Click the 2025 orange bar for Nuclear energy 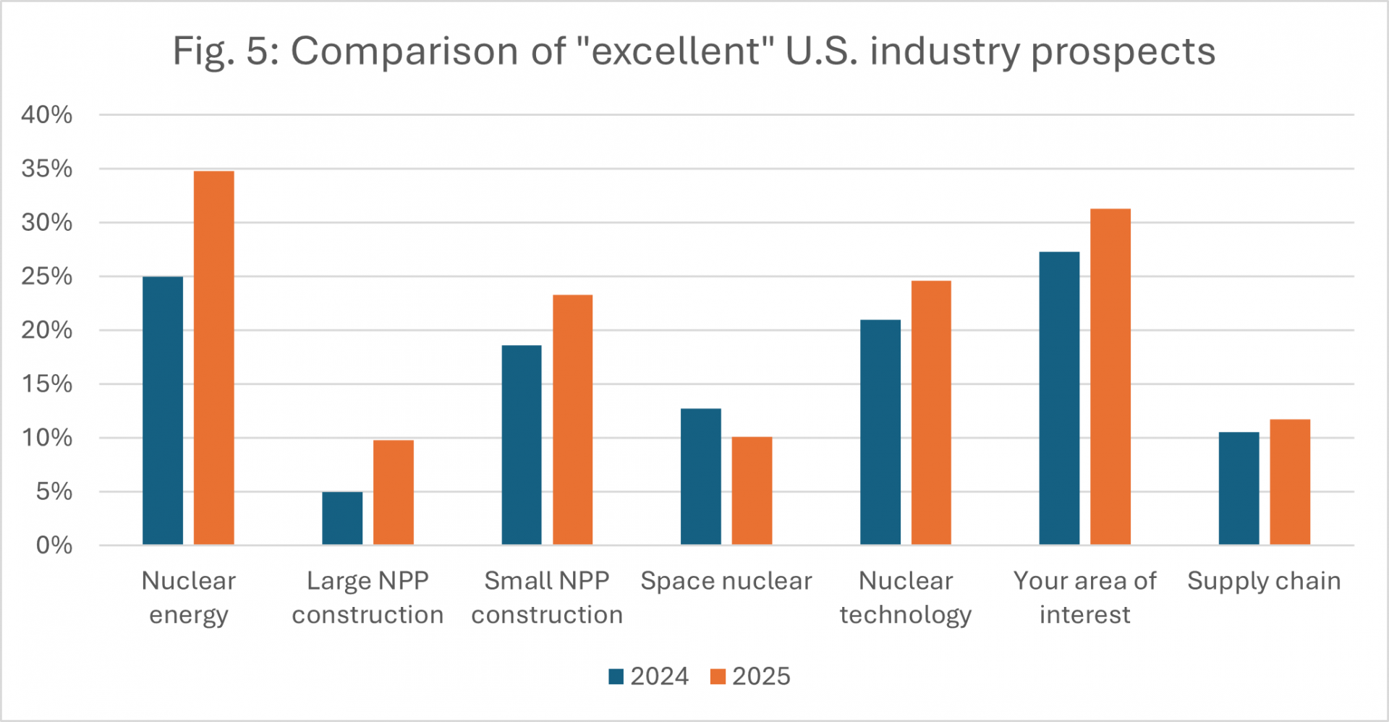point(214,358)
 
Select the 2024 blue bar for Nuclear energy point(163,411)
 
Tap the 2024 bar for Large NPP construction point(342,518)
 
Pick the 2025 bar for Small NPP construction point(572,420)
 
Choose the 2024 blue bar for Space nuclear point(701,477)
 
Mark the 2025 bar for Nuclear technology point(931,412)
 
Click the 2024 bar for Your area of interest point(1059,398)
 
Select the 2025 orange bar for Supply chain point(1290,482)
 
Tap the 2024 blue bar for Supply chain point(1239,488)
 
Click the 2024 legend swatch point(616,676)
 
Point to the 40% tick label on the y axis point(47,114)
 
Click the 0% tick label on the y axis point(54,545)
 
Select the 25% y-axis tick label point(47,276)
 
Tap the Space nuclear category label point(726,581)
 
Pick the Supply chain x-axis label point(1264,581)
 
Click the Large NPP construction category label point(368,598)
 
